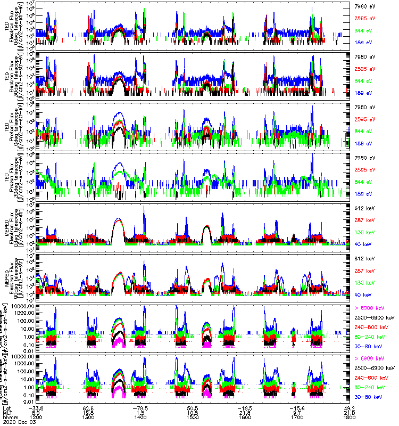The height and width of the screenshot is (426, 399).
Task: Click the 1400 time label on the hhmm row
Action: (140, 418)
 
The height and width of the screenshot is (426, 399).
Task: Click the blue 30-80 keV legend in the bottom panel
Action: (371, 397)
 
